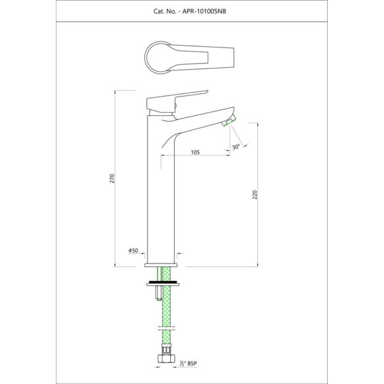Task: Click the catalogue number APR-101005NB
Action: (x=204, y=12)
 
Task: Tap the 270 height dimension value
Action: (x=112, y=179)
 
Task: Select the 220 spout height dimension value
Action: (x=255, y=195)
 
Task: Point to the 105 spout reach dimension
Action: (x=195, y=152)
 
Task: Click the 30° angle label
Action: (x=236, y=147)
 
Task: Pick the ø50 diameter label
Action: (x=133, y=250)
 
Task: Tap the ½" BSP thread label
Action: (x=188, y=364)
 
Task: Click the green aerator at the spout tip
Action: (x=229, y=120)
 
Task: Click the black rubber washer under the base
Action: (x=163, y=282)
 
